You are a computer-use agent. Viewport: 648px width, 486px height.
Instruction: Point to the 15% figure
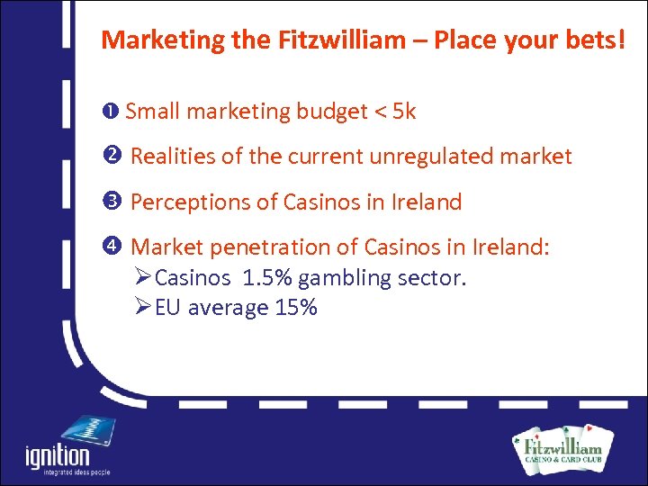click(x=296, y=308)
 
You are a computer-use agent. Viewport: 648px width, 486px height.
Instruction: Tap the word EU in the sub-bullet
click(x=166, y=308)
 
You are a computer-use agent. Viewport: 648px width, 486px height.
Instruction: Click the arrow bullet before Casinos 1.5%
click(x=142, y=277)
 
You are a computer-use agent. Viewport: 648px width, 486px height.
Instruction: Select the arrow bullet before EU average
click(x=142, y=308)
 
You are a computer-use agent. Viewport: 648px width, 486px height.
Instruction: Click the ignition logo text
click(x=58, y=456)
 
